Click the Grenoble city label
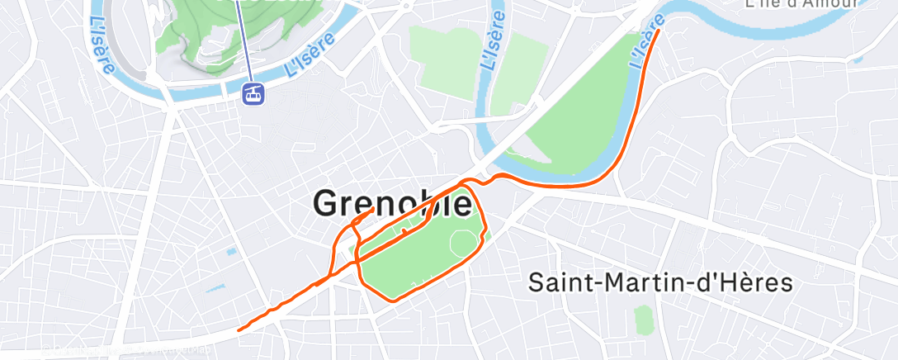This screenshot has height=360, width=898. [395, 204]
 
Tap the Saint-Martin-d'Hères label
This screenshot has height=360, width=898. [660, 283]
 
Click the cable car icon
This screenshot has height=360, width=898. [254, 93]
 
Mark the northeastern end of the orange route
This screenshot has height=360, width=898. [659, 31]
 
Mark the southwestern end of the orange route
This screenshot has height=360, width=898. [239, 330]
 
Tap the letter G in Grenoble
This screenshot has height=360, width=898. [328, 204]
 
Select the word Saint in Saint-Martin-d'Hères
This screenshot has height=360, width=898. [560, 283]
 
